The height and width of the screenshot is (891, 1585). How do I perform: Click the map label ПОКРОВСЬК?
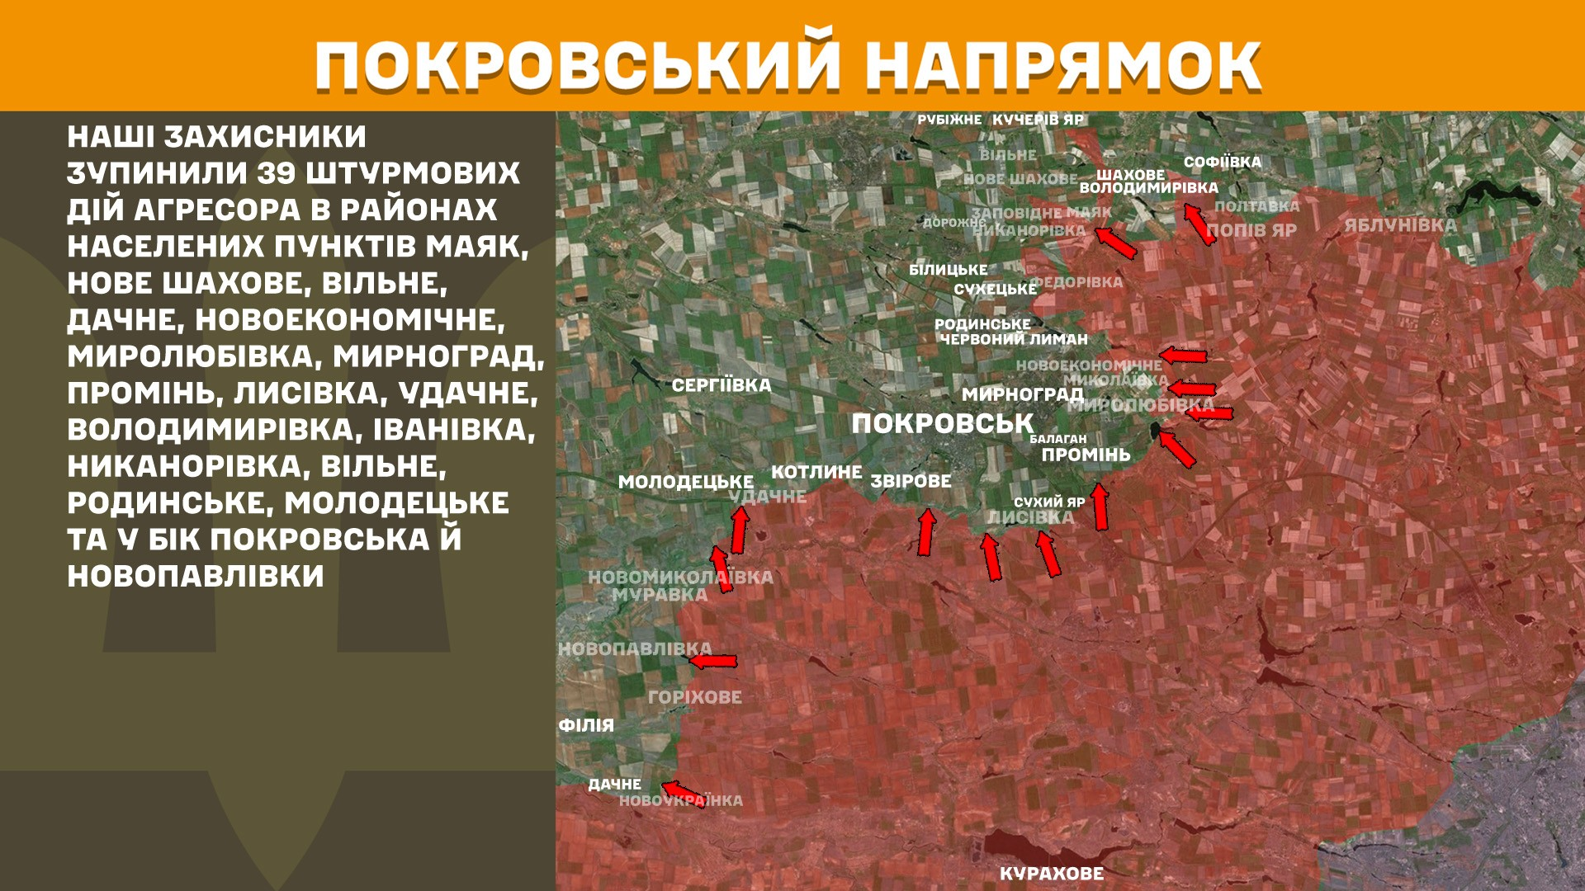tap(942, 424)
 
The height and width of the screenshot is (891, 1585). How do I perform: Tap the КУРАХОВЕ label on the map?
tap(1051, 874)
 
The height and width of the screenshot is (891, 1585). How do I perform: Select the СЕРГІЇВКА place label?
tap(721, 385)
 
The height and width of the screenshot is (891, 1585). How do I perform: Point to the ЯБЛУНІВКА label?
tap(1400, 225)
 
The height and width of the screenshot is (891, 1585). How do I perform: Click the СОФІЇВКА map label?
tap(1222, 163)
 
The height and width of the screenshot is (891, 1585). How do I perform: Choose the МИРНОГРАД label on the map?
tap(1022, 394)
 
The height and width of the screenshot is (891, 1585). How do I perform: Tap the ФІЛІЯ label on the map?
tap(586, 725)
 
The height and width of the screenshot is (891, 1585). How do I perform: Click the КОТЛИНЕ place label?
tap(816, 472)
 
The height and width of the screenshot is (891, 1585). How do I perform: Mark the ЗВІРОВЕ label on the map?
tap(911, 481)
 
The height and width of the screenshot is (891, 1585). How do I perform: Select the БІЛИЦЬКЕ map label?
tap(948, 270)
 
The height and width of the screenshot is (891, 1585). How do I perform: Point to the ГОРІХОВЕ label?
tap(694, 697)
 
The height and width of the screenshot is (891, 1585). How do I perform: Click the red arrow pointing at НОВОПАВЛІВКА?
tap(713, 661)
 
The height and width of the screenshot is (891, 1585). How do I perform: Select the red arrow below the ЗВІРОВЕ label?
tap(927, 532)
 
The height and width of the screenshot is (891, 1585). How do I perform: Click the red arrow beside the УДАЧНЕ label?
tap(740, 529)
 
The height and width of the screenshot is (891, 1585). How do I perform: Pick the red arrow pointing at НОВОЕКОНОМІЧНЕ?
tap(1184, 356)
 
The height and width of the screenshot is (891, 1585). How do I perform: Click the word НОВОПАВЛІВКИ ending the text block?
tap(196, 576)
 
